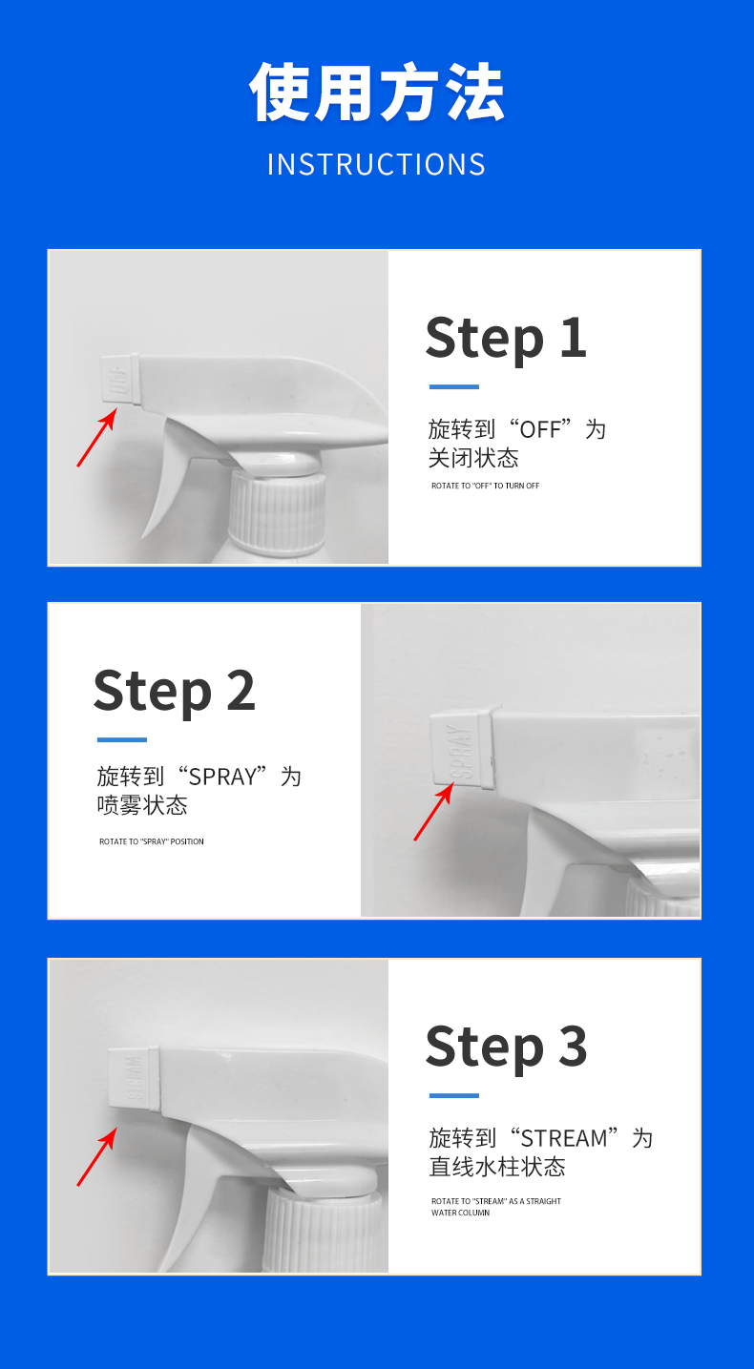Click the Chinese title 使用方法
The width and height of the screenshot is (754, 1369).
coord(377,92)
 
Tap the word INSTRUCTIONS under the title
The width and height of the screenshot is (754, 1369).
coord(377,164)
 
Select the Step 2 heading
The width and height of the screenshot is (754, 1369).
coord(175,692)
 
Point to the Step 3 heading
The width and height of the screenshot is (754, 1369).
coord(507,1047)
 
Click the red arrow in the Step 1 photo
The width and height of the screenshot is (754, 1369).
coord(96,438)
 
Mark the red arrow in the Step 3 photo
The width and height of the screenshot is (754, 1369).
coord(96,1157)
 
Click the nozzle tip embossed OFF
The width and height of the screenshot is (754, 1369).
coord(120,380)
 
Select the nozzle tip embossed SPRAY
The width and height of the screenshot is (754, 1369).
coord(461,749)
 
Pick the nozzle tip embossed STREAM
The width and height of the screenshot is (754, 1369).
coord(134,1078)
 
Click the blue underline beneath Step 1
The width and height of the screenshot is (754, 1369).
coord(453,387)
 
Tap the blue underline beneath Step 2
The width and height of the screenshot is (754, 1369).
coord(122,739)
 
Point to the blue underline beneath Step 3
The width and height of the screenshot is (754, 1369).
coord(453,1096)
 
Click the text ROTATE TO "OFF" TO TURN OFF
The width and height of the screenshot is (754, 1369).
coord(486,486)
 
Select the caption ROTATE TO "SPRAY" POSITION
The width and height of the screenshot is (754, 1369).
coord(152,841)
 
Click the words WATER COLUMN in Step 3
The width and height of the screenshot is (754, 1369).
coord(460,1213)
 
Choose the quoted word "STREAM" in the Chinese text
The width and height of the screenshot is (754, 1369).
coord(564,1138)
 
